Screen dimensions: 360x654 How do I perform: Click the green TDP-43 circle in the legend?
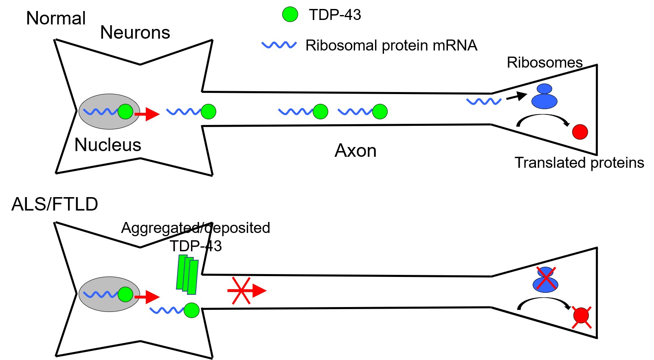[x=290, y=14]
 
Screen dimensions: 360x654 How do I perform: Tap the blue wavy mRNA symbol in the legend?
[x=279, y=45]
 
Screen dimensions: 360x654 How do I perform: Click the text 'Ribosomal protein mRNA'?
[x=391, y=45]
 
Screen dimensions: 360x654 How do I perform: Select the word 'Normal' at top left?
[x=56, y=18]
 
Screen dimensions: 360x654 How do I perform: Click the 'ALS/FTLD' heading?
[x=55, y=204]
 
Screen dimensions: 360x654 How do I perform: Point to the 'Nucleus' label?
[x=108, y=145]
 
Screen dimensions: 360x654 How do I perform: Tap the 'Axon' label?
[x=355, y=151]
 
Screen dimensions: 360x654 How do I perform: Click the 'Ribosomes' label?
[x=544, y=62]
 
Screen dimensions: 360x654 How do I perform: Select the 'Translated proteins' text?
[x=579, y=162]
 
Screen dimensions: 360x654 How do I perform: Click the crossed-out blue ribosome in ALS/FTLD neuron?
[x=545, y=280]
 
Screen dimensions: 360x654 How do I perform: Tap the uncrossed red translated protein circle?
[x=580, y=132]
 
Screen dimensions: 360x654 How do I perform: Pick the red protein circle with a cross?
[x=581, y=316]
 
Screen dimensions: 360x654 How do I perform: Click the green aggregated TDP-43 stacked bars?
[x=187, y=274]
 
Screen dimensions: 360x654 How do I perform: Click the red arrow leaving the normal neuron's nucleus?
[x=147, y=114]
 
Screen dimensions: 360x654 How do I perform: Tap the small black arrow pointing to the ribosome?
[x=516, y=97]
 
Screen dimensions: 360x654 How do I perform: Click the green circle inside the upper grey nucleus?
[x=125, y=111]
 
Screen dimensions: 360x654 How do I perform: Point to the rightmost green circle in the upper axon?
[x=380, y=111]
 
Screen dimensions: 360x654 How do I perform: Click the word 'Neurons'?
[x=135, y=33]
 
